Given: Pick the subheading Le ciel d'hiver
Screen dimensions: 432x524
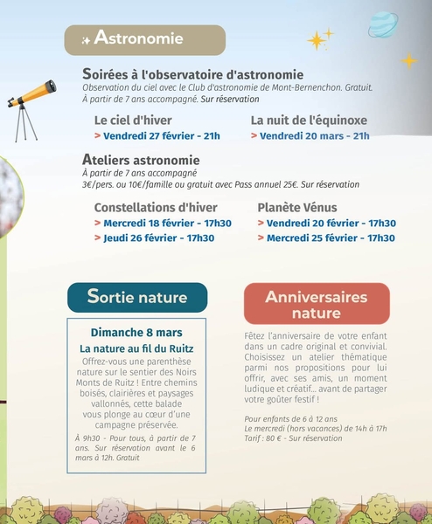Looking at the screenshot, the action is click(x=133, y=120).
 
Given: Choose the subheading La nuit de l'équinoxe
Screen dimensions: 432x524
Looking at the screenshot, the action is click(x=309, y=120).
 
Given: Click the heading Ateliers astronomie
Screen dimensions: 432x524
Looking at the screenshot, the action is click(x=141, y=160).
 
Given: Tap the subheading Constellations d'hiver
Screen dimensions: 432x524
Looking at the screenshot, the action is click(x=155, y=207).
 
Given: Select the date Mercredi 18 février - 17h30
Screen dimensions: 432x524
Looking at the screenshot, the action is click(x=167, y=224).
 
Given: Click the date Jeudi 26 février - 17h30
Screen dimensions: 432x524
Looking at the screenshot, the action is click(x=158, y=238).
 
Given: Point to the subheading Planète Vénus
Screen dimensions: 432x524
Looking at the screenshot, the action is click(x=297, y=207).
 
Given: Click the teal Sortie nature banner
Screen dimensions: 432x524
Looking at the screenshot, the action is click(x=137, y=297).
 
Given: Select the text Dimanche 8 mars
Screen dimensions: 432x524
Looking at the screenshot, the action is click(x=136, y=333).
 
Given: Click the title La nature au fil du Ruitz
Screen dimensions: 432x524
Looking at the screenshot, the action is click(x=136, y=348).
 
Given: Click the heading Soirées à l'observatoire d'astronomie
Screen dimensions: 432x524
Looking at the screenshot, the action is click(x=192, y=74).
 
